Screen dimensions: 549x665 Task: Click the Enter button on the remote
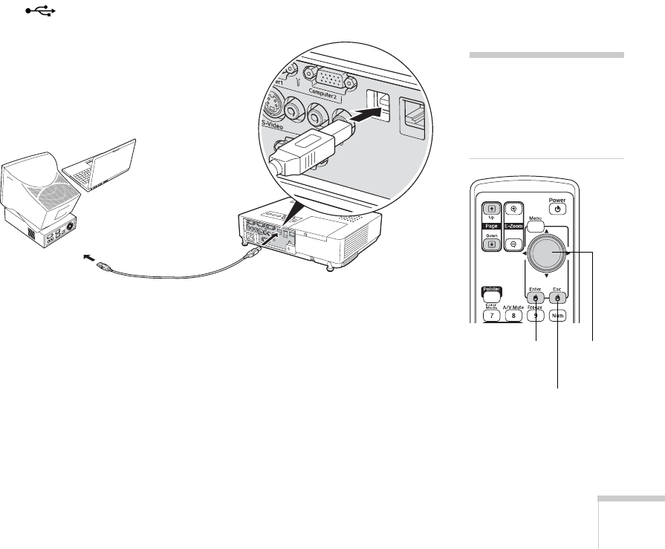pos(536,297)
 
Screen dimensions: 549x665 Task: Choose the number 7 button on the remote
pos(492,316)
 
